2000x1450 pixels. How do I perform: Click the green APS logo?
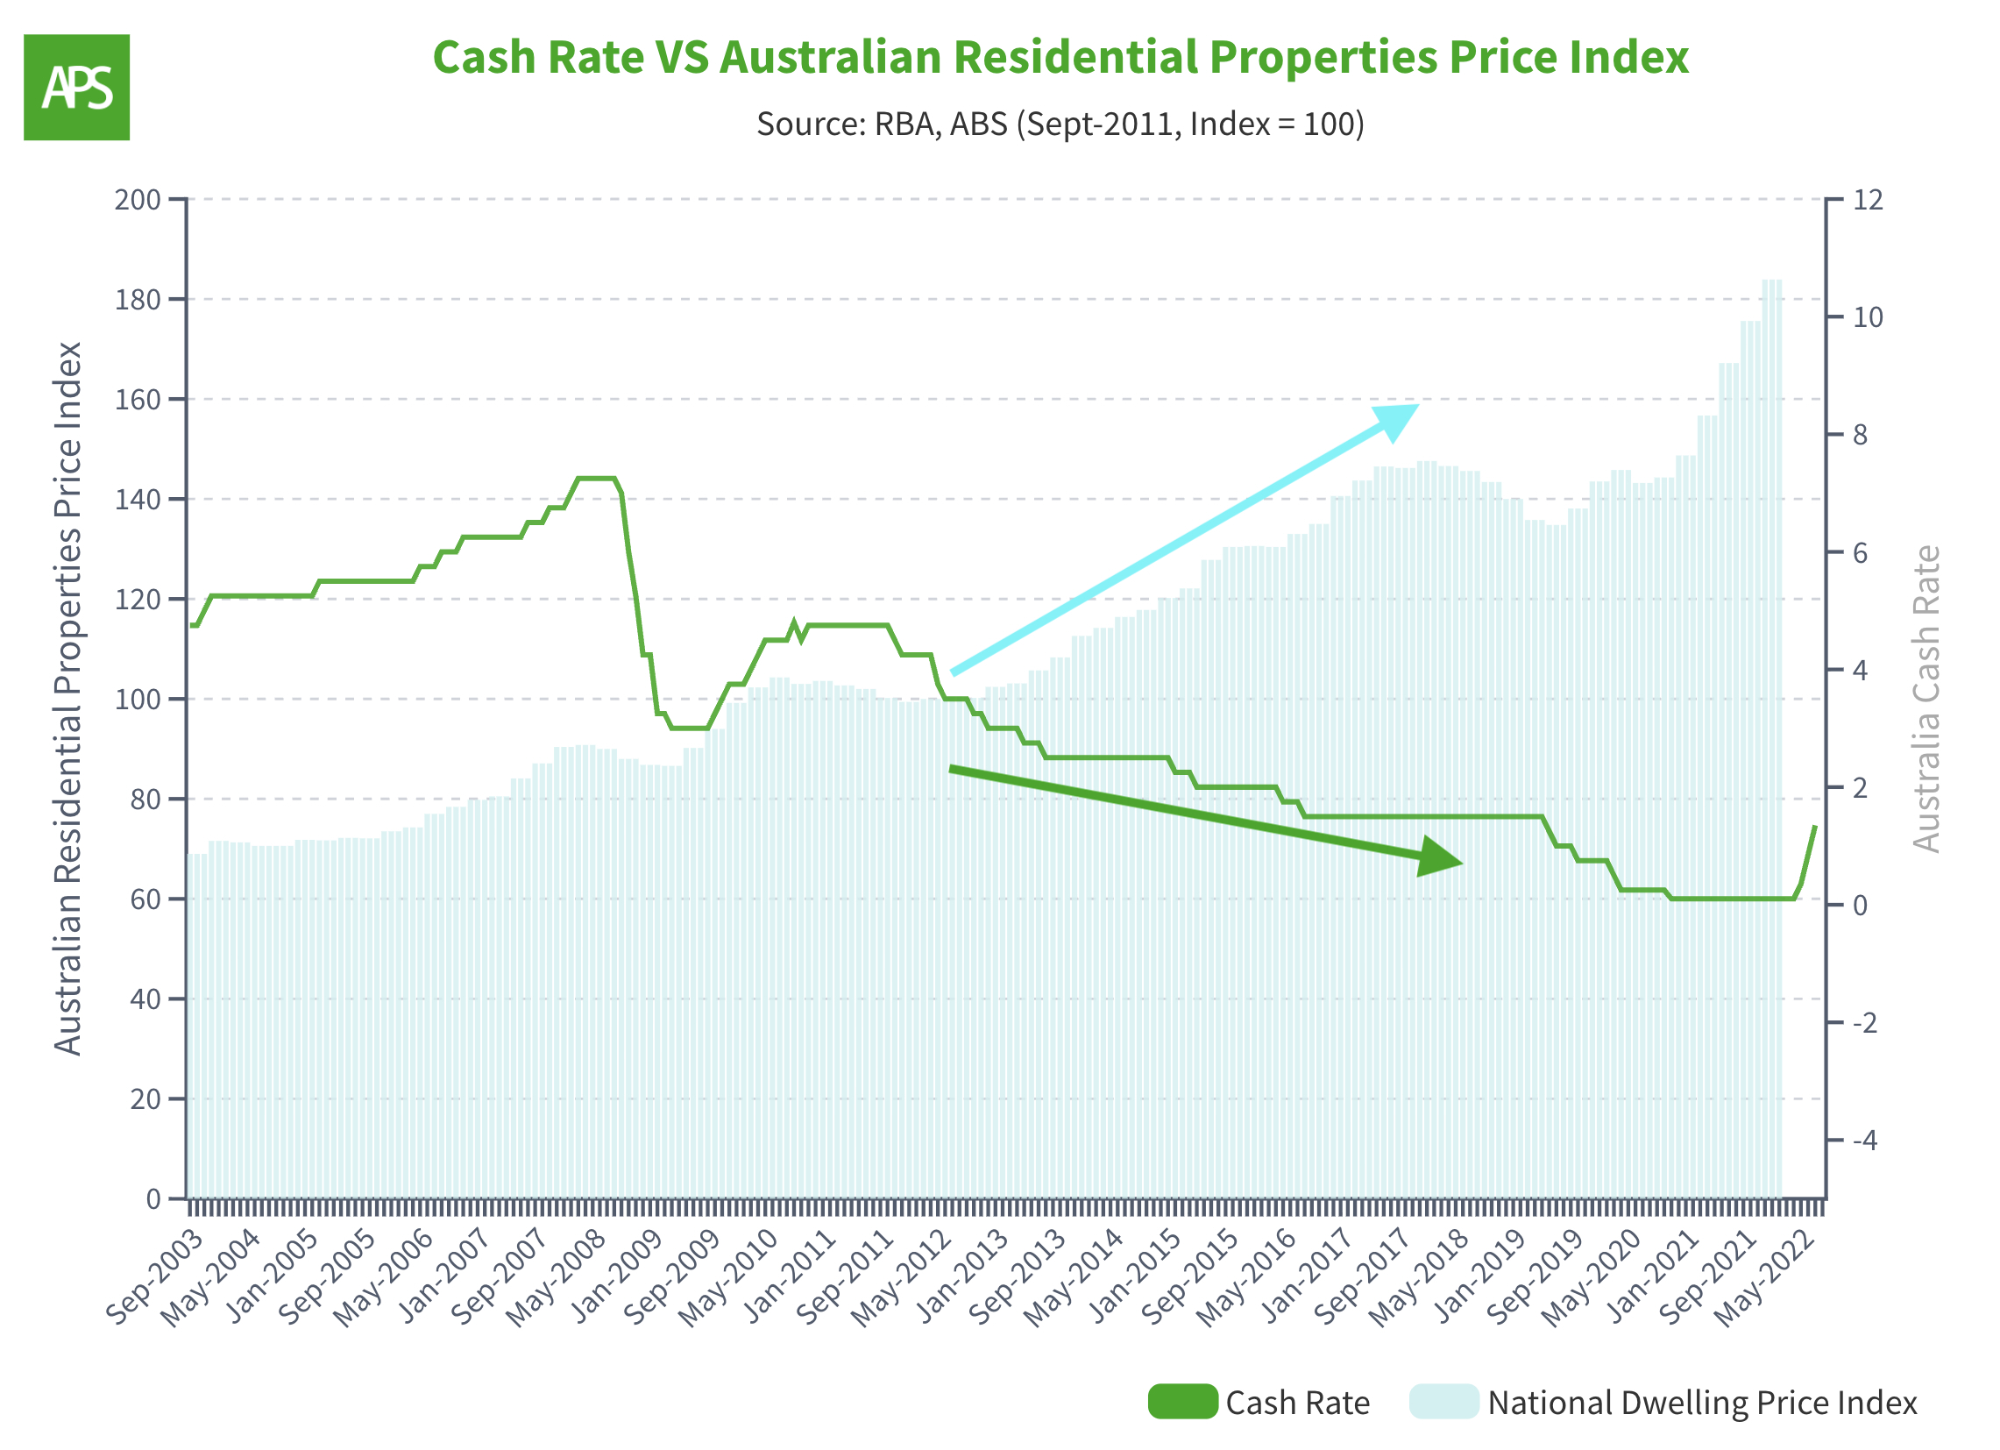click(77, 88)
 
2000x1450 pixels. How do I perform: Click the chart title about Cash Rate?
click(1060, 57)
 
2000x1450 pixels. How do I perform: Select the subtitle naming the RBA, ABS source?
click(1060, 124)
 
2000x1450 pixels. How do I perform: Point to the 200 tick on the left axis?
click(138, 200)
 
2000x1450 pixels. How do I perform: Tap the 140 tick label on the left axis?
click(138, 500)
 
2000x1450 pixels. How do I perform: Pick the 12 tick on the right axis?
click(1868, 200)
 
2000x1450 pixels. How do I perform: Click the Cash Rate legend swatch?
click(1183, 1403)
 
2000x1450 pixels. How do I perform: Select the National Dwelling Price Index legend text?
click(1702, 1404)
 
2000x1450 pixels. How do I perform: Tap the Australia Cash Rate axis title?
click(1926, 700)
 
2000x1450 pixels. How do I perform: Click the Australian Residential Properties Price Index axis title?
click(67, 699)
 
